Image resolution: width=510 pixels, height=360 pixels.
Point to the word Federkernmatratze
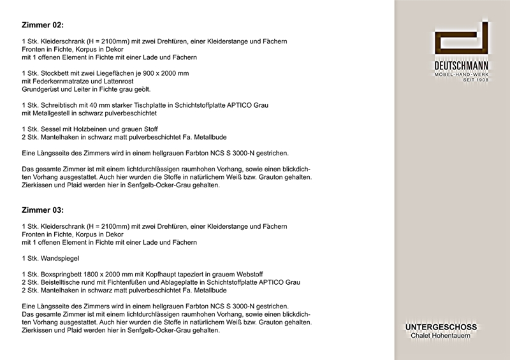tap(62, 82)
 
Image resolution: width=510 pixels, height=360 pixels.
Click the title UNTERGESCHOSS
tap(441, 328)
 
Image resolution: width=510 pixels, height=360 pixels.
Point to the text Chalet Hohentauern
tap(441, 336)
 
